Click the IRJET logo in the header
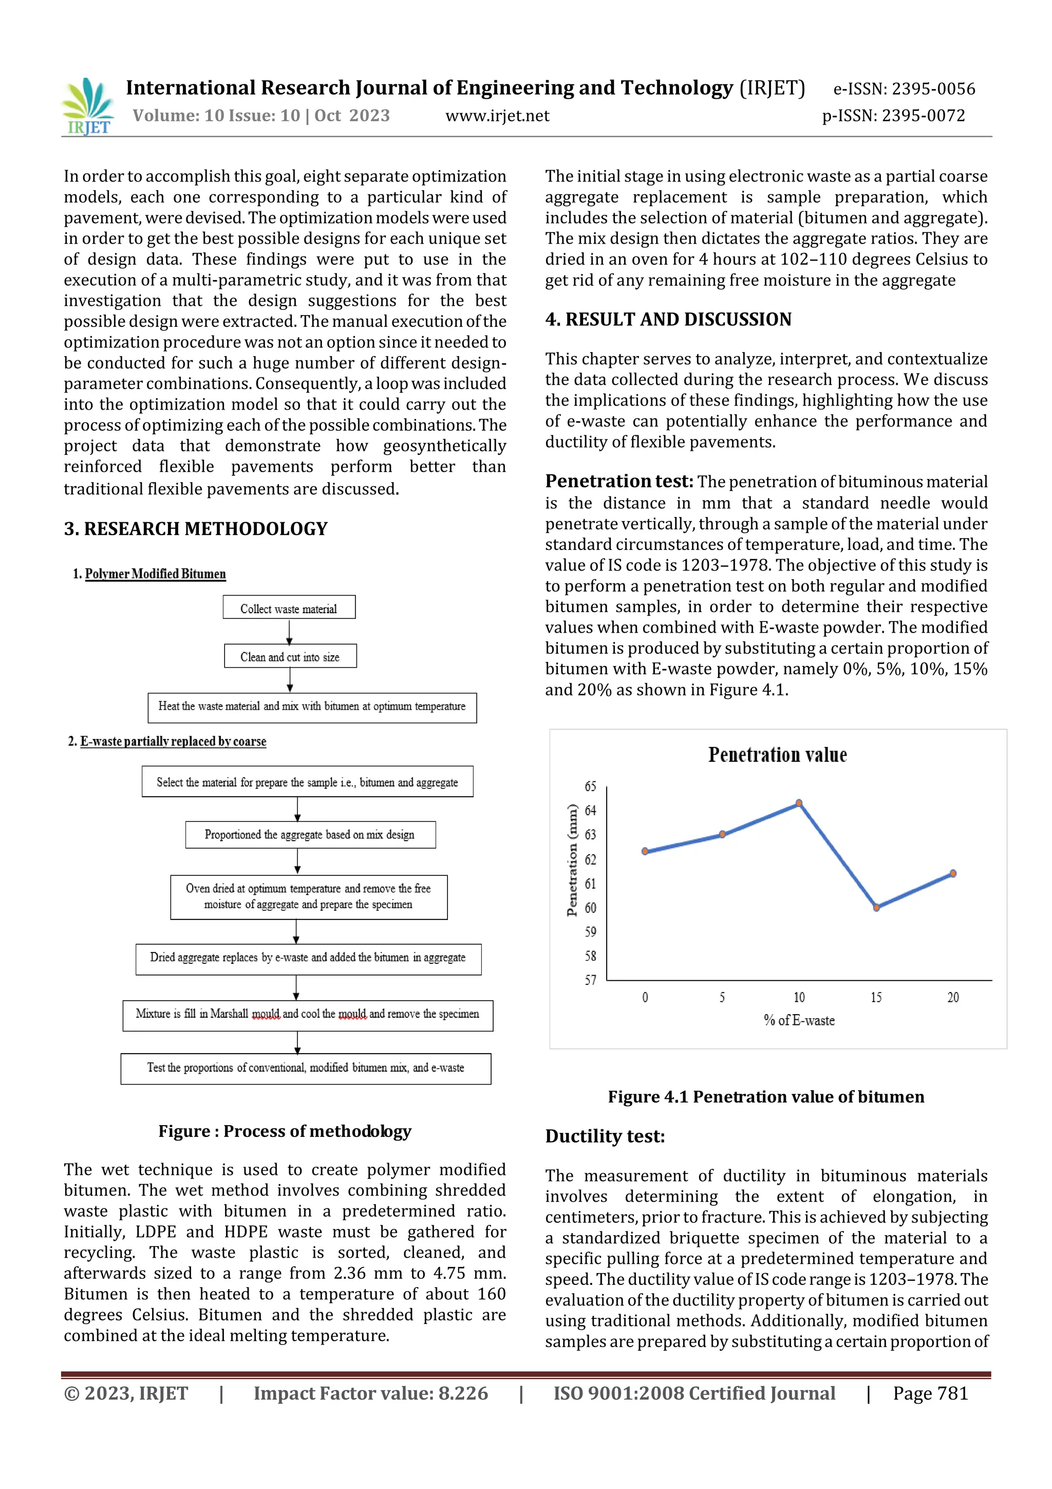click(x=87, y=106)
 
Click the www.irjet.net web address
click(x=497, y=116)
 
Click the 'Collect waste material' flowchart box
click(x=289, y=608)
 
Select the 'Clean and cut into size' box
click(x=290, y=656)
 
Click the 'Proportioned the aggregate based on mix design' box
click(x=310, y=835)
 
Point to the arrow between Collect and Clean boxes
click(x=289, y=631)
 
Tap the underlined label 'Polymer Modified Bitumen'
click(x=156, y=574)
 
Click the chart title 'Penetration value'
click(x=777, y=755)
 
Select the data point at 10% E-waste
click(x=799, y=803)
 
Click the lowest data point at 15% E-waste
click(x=876, y=907)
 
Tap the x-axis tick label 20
click(x=953, y=998)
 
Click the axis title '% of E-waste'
click(x=799, y=1020)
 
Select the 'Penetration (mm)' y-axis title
click(x=572, y=860)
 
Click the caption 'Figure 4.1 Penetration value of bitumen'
click(x=765, y=1097)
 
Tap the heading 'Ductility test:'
click(x=605, y=1136)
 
